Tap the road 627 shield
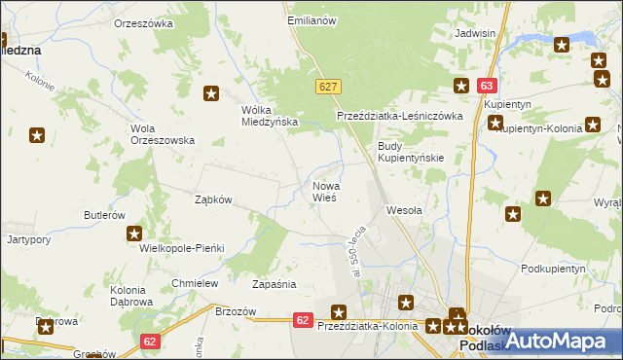pyautogui.click(x=329, y=88)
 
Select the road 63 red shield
pyautogui.click(x=487, y=87)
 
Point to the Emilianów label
pyautogui.click(x=311, y=19)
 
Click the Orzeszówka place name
pyautogui.click(x=143, y=22)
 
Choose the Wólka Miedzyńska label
pyautogui.click(x=269, y=116)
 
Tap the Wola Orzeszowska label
pyautogui.click(x=163, y=133)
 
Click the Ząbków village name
pyautogui.click(x=212, y=199)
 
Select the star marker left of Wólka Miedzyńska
pyautogui.click(x=210, y=93)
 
